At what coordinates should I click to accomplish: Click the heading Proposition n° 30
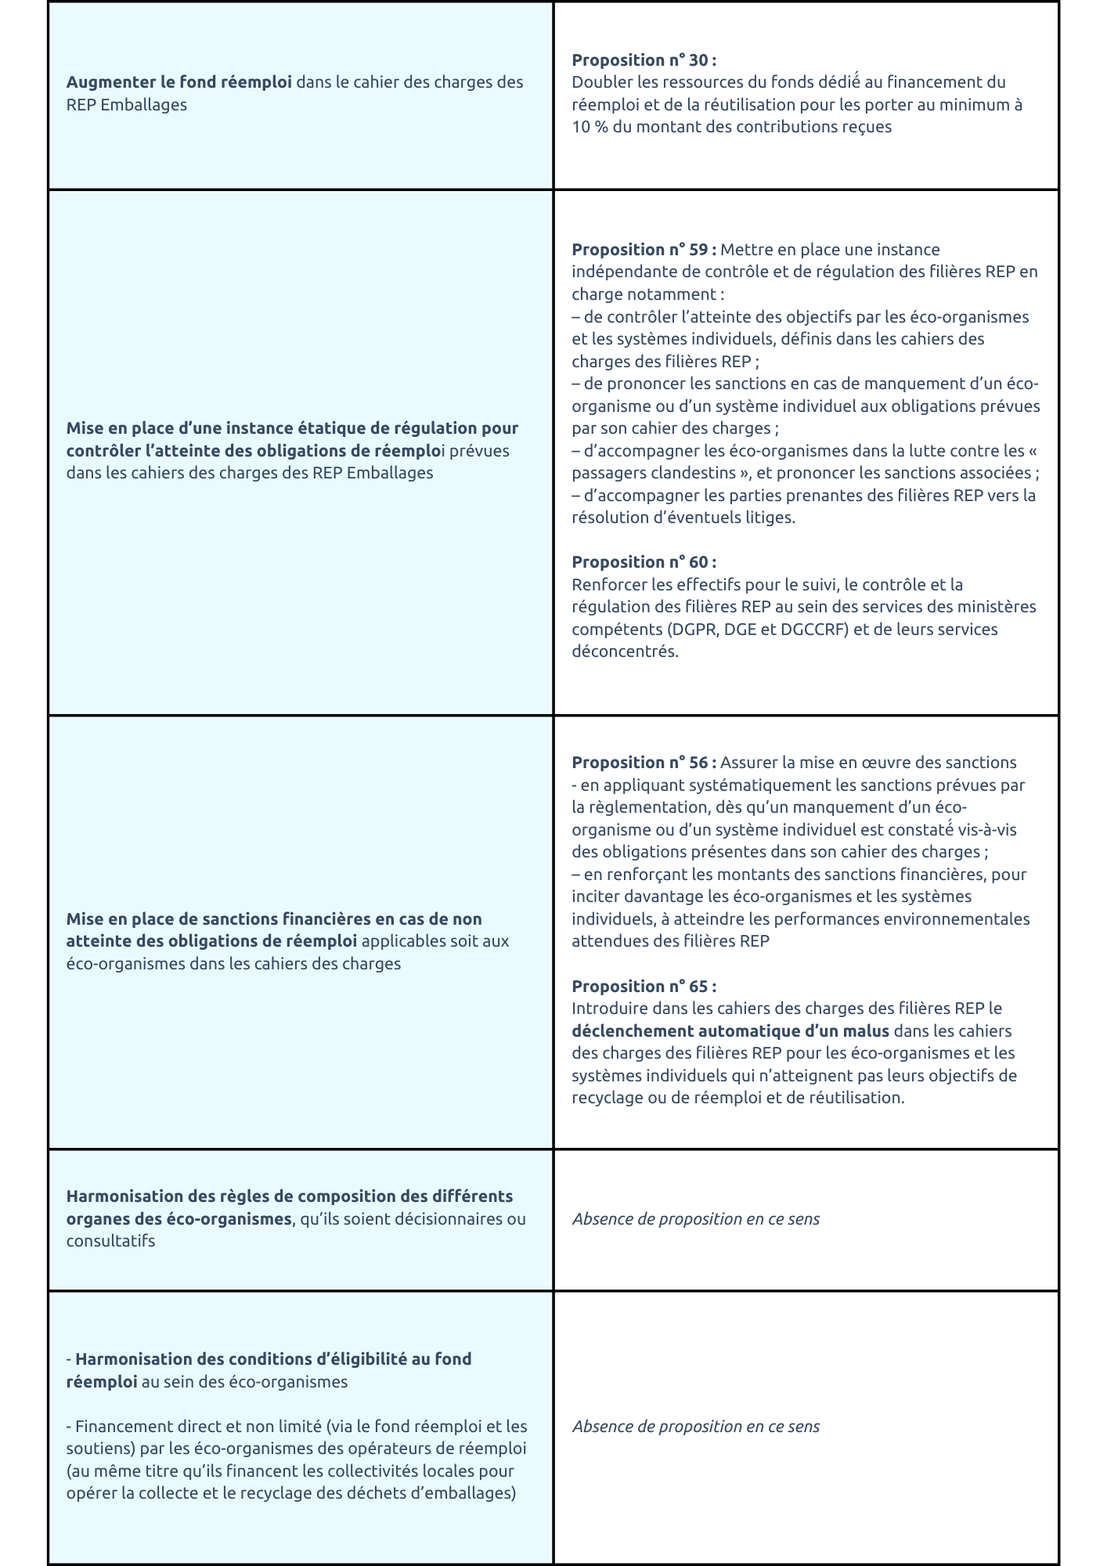(x=644, y=60)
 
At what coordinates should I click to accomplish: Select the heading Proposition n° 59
(x=644, y=250)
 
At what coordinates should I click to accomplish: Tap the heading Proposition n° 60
(x=644, y=562)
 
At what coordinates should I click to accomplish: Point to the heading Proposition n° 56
(x=644, y=763)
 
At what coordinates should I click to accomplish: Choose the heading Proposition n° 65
(x=644, y=987)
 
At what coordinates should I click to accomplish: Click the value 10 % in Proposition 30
(x=590, y=127)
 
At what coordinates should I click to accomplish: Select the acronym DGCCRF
(x=814, y=630)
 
